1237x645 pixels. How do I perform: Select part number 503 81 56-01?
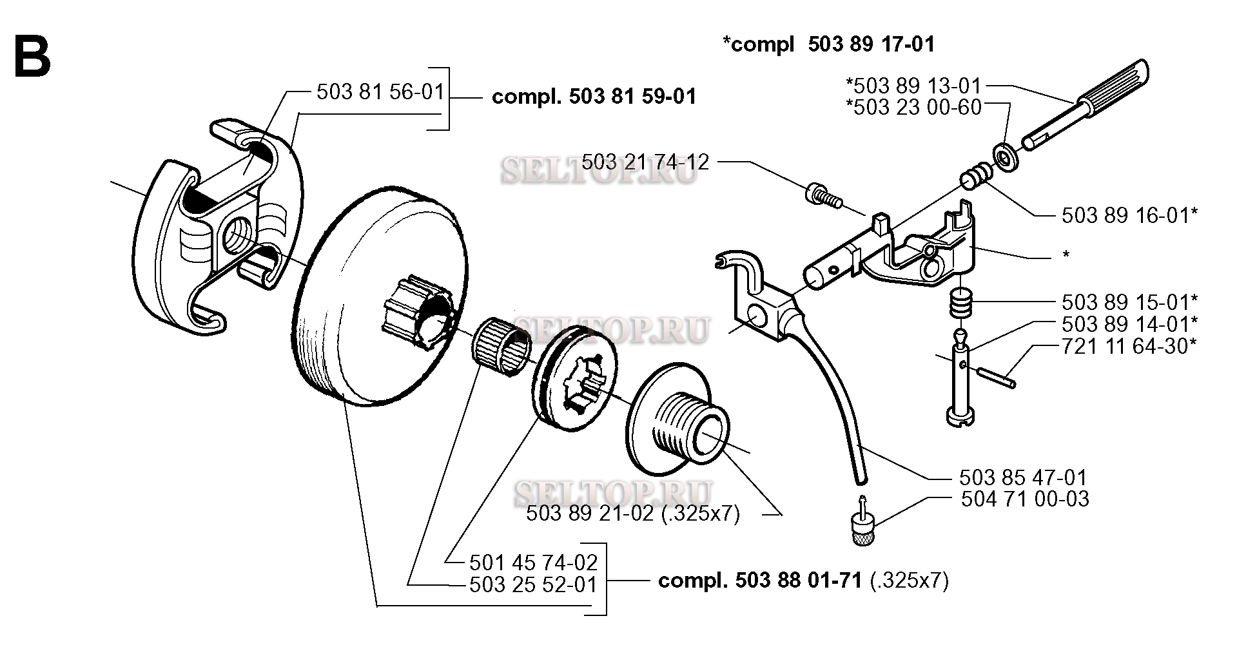click(x=381, y=91)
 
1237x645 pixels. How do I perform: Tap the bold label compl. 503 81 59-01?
click(x=594, y=97)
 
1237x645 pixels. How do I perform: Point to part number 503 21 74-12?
click(x=645, y=161)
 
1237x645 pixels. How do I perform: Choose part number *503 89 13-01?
click(x=913, y=86)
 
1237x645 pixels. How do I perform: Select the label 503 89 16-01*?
click(x=1129, y=215)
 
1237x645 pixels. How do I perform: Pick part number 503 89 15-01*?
click(x=1129, y=302)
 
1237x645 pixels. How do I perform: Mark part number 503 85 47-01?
click(x=1023, y=477)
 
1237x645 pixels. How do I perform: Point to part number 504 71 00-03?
click(x=1025, y=499)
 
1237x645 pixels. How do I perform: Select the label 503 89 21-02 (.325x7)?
click(x=633, y=514)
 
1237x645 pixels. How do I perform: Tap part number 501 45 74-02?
click(x=534, y=563)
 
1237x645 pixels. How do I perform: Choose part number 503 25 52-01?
click(x=534, y=585)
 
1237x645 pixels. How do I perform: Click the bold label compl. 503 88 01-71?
click(x=759, y=581)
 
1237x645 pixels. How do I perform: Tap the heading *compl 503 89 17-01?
click(x=828, y=44)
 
